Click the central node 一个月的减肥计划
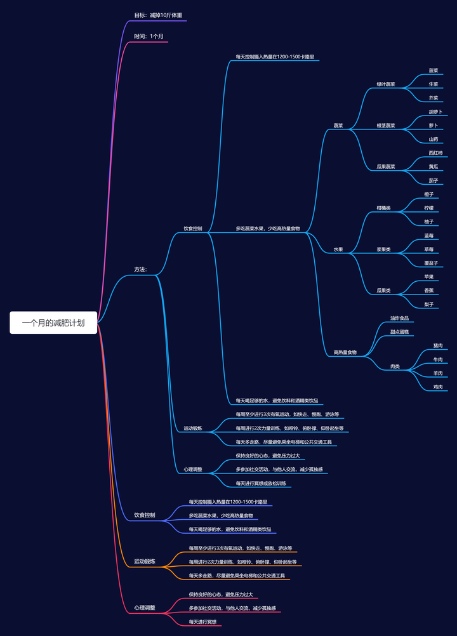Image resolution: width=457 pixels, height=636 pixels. coord(53,322)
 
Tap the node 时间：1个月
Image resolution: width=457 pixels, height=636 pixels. coord(149,36)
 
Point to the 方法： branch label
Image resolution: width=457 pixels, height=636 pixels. coord(140,269)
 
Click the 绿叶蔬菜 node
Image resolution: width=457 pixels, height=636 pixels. coord(386,84)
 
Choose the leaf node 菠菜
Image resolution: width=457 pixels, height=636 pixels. coord(434,70)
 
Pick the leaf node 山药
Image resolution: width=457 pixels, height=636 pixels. coord(434,139)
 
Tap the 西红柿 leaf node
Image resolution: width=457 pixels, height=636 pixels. coord(436,153)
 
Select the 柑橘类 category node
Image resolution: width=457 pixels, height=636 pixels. coord(383,208)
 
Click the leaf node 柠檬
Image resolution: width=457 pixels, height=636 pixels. coord(429,208)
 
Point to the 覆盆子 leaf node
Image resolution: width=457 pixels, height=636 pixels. coord(431,262)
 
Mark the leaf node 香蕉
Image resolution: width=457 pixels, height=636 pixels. coord(429,290)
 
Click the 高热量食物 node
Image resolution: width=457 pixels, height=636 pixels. coord(345,352)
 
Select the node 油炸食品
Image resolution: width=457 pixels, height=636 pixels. coord(399,318)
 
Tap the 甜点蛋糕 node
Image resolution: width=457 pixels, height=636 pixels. coord(399,331)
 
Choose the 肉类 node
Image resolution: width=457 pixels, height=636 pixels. coord(395,366)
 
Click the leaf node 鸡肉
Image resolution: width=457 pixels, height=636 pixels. coord(438,387)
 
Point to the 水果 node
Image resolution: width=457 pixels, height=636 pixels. coord(338,249)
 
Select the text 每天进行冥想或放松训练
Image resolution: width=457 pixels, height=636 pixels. coord(261,483)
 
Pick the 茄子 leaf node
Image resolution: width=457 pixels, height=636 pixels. coord(434,180)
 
